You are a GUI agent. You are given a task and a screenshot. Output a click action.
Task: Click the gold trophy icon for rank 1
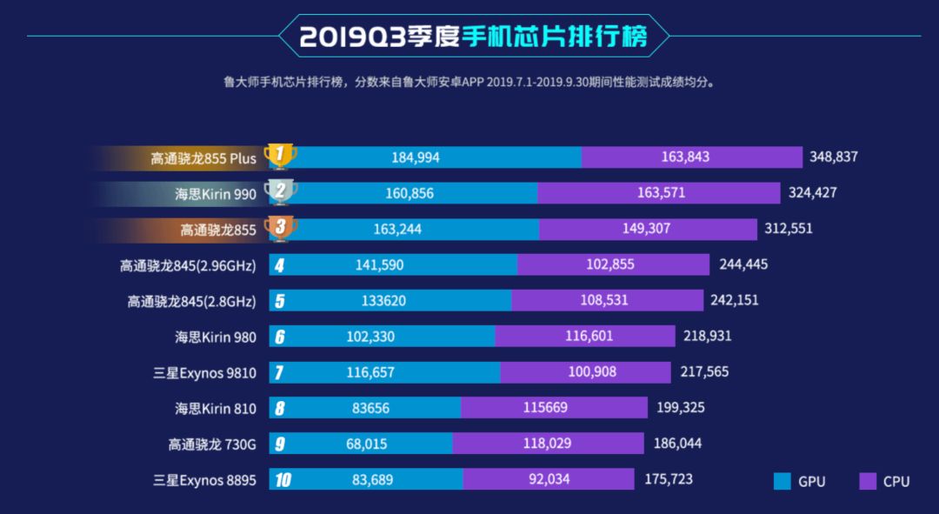pos(280,157)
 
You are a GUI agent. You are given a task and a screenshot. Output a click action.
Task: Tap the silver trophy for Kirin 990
pos(280,192)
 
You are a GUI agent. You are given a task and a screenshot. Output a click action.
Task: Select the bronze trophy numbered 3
pos(280,229)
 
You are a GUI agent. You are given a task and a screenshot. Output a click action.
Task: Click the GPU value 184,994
pos(416,157)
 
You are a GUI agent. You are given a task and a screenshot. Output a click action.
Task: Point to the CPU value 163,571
pos(661,193)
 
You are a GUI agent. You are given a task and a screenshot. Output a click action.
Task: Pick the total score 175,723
pos(669,479)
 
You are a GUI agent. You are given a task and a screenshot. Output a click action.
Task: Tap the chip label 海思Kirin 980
pos(216,337)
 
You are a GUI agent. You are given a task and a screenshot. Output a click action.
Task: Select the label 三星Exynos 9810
pos(204,372)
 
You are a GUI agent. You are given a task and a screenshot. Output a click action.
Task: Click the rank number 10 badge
pos(281,479)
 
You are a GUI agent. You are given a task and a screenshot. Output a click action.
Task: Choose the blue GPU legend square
pos(782,481)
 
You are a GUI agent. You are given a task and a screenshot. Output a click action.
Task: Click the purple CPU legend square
pos(867,481)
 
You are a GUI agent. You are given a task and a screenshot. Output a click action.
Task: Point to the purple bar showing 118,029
pos(548,444)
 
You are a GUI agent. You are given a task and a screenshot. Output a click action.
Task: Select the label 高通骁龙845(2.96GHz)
pos(188,265)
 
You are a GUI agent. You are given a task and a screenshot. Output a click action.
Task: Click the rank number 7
pos(279,372)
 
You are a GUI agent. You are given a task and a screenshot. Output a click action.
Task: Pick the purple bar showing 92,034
pos(549,479)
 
